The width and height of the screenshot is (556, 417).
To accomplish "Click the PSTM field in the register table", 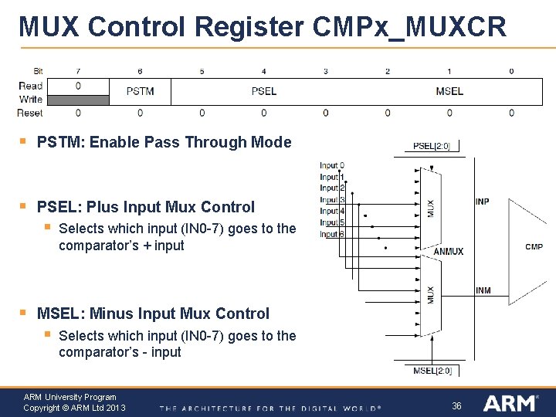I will (140, 91).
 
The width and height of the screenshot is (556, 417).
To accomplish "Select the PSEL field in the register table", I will (263, 91).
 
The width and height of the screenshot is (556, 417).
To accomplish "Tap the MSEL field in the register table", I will (449, 91).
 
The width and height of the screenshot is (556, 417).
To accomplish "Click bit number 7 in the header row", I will (78, 72).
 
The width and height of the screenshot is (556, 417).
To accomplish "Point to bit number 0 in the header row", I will (511, 72).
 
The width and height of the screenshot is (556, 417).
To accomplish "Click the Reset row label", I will (30, 113).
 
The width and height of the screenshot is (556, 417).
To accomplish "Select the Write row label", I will (31, 99).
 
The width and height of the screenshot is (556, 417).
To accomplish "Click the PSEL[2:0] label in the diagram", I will (436, 146).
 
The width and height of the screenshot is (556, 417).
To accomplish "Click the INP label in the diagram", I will (482, 202).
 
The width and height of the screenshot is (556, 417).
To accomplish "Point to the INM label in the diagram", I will (483, 290).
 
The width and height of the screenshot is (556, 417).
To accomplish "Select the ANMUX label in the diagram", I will (449, 251).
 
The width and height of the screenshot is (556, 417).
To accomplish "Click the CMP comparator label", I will (534, 247).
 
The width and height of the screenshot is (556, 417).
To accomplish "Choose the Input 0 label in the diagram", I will (332, 165).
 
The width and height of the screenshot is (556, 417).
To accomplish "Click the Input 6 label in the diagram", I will (331, 234).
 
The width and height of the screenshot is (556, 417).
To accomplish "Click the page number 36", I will (456, 405).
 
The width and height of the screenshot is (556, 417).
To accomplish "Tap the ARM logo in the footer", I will (510, 403).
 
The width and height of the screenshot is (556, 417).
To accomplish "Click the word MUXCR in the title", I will (455, 28).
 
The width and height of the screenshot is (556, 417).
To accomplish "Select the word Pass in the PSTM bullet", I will (174, 142).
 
